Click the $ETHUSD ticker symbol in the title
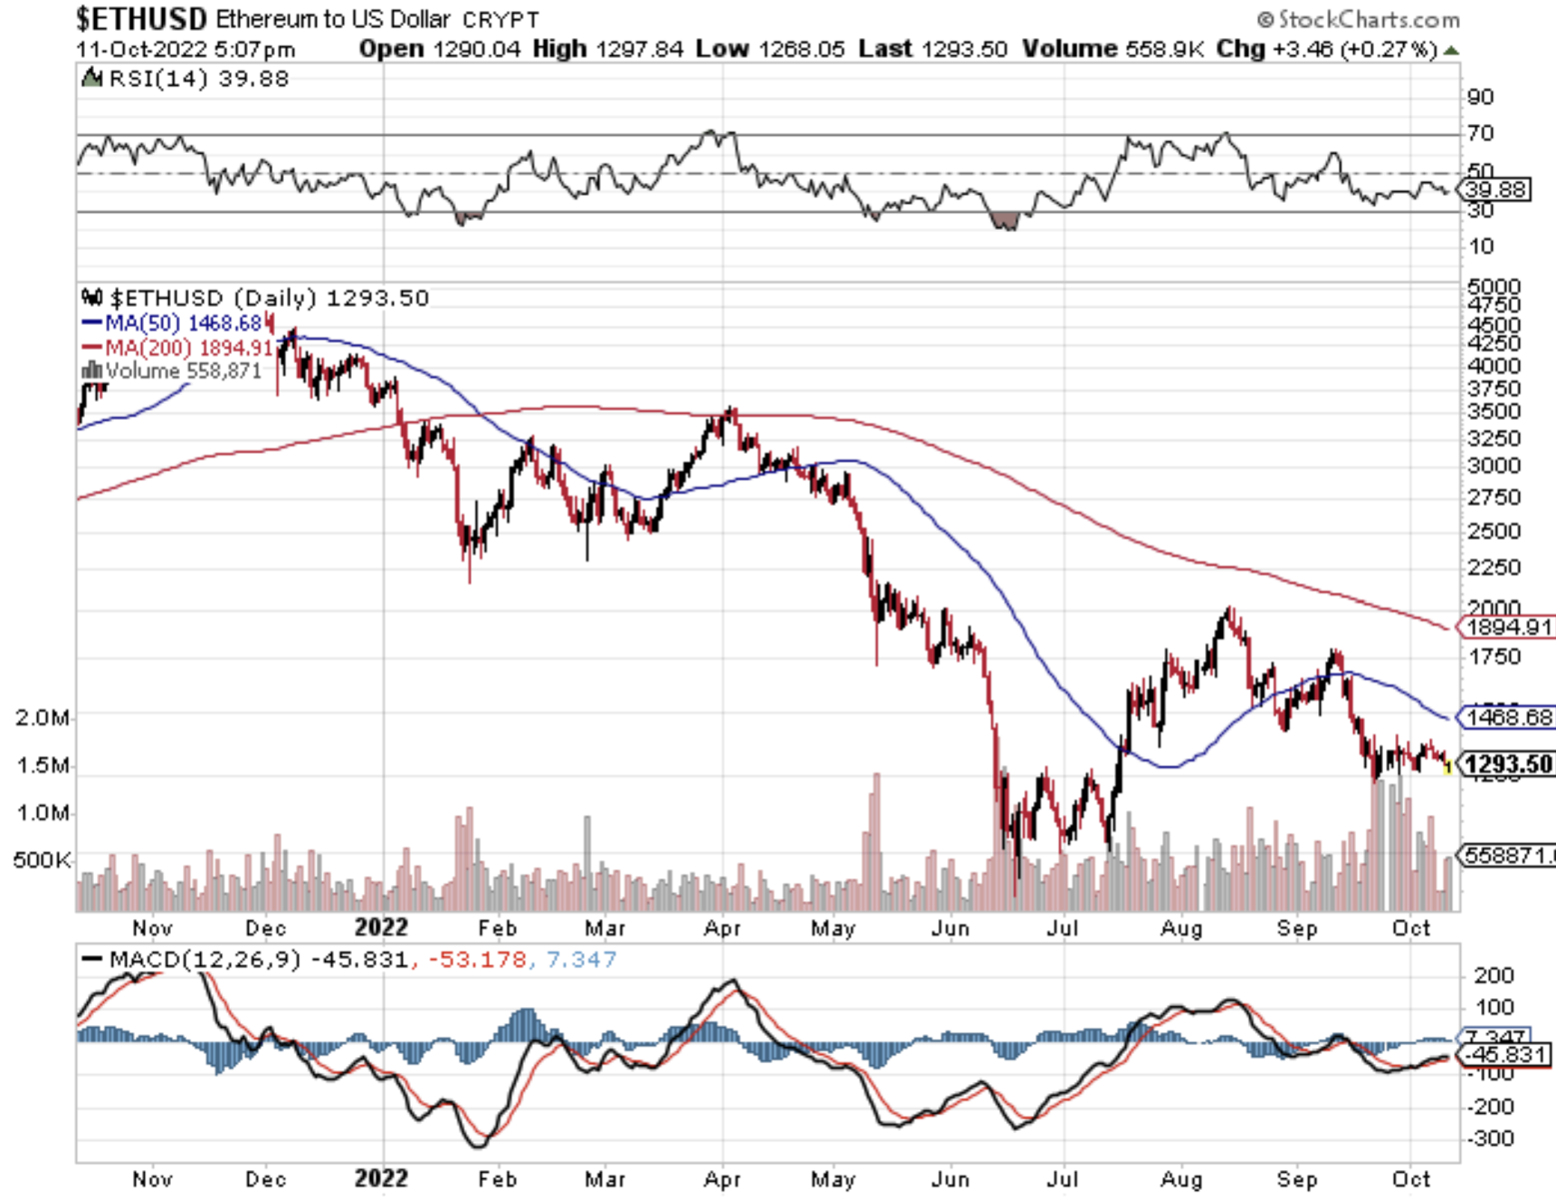tap(141, 18)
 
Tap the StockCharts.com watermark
tap(1359, 19)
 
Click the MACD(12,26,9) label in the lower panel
tap(204, 960)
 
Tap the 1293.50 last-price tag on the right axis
tap(1508, 764)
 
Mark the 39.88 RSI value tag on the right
tap(1496, 189)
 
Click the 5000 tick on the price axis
tap(1493, 287)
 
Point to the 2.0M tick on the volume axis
tap(42, 717)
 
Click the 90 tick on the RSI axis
tap(1480, 97)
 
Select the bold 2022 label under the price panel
tap(382, 927)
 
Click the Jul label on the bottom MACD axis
tap(1062, 1179)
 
